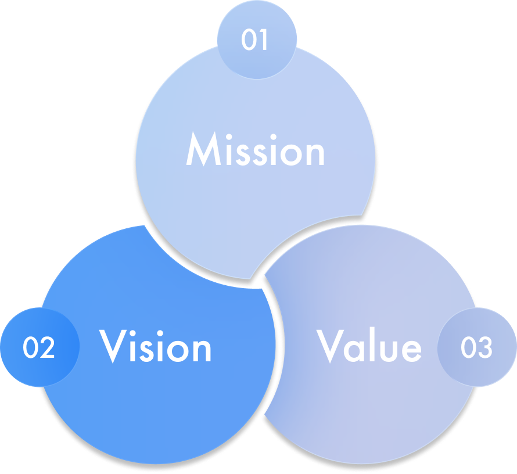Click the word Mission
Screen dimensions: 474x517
pyautogui.click(x=255, y=150)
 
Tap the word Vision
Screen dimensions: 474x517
pyautogui.click(x=156, y=347)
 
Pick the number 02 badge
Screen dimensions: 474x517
pyautogui.click(x=39, y=347)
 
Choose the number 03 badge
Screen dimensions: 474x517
pyautogui.click(x=476, y=347)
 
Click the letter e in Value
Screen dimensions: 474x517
pyautogui.click(x=410, y=350)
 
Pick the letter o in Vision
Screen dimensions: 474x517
pyautogui.click(x=177, y=351)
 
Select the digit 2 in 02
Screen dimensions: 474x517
pyautogui.click(x=47, y=347)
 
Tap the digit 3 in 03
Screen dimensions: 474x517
pyautogui.click(x=484, y=347)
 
